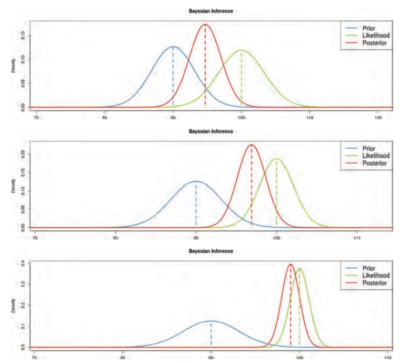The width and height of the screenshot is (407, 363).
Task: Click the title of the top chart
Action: tap(210, 11)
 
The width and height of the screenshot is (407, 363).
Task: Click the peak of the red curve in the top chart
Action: tap(205, 24)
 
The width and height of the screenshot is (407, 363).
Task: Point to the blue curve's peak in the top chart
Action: tap(172, 47)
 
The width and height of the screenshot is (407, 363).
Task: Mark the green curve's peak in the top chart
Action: tap(242, 50)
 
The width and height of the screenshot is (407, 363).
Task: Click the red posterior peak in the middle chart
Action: tap(251, 144)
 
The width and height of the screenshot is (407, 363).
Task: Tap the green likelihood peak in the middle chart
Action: tap(276, 159)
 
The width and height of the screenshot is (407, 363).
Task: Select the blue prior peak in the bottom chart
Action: tap(211, 321)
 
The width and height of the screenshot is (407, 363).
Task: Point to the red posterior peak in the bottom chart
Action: tap(290, 264)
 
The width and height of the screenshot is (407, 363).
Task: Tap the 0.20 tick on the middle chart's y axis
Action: tap(24, 154)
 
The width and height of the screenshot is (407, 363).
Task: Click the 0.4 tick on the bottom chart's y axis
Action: tap(24, 263)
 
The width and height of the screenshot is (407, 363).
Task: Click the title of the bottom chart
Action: tap(210, 251)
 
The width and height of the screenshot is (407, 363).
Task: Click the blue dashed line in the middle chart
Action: tap(196, 208)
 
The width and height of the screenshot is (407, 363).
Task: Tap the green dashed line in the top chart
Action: tap(242, 80)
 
